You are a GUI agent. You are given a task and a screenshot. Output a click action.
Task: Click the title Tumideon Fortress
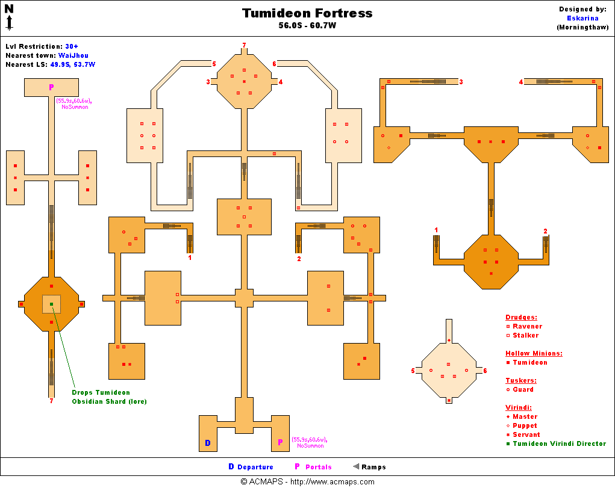[x=307, y=13]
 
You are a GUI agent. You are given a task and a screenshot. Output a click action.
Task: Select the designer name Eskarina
[x=582, y=18]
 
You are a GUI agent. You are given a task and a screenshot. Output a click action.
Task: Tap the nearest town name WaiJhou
[x=73, y=55]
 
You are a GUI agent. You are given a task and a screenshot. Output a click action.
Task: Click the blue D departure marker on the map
[x=208, y=443]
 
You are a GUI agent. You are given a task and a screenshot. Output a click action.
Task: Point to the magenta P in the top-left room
[x=51, y=87]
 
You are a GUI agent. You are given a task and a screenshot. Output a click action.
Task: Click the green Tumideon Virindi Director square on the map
[x=51, y=304]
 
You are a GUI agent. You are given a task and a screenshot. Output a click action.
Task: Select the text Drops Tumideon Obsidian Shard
[x=108, y=397]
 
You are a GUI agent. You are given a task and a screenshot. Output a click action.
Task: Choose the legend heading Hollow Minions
[x=534, y=353]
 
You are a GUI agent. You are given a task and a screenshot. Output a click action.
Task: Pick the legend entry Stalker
[x=525, y=335]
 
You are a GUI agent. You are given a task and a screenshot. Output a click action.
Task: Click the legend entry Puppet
[x=525, y=425]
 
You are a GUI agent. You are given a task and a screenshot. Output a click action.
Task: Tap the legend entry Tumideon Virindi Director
[x=559, y=443]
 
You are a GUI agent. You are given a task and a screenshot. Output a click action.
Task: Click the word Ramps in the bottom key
[x=373, y=467]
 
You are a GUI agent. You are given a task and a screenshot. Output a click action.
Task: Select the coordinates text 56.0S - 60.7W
[x=307, y=26]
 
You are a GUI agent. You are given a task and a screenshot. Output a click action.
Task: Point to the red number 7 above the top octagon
[x=244, y=45]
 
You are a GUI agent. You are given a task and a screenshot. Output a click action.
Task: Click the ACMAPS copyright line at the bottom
[x=307, y=481]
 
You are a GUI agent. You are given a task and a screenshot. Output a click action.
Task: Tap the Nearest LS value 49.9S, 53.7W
[x=72, y=64]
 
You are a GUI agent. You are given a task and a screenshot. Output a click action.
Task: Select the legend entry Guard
[x=523, y=389]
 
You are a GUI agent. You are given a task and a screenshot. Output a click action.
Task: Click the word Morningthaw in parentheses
[x=582, y=27]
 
